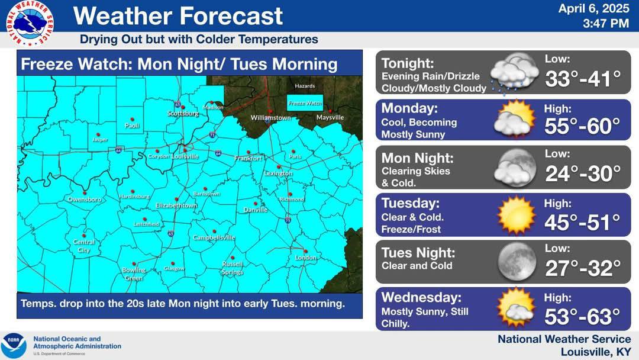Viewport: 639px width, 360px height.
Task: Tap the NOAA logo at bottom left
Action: point(14,343)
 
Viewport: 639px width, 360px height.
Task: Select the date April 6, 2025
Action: point(593,9)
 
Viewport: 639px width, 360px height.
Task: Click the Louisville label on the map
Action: point(185,156)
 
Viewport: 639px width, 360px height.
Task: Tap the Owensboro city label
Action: point(84,200)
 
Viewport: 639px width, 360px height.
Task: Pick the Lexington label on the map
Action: point(278,173)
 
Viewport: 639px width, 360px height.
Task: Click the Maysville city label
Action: point(330,117)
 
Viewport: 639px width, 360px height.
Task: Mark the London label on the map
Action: point(306,258)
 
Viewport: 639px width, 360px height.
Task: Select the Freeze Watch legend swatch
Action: point(305,102)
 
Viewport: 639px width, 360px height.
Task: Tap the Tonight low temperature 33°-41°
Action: point(583,79)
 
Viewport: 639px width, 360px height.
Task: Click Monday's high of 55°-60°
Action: point(582,126)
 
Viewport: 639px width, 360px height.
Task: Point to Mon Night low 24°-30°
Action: point(583,173)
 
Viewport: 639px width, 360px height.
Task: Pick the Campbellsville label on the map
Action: point(214,237)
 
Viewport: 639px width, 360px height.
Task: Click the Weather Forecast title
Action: point(178,16)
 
